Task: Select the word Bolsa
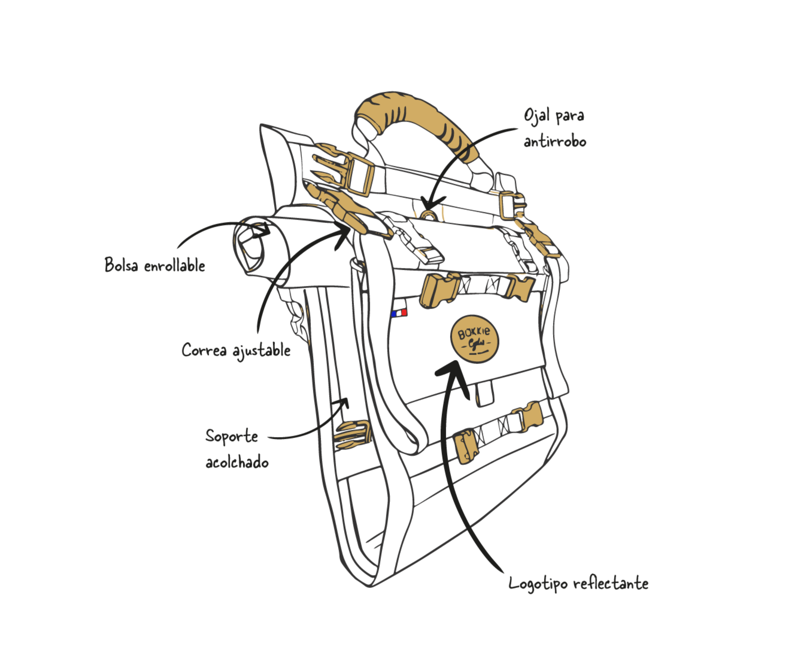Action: pyautogui.click(x=121, y=265)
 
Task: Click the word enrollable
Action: pyautogui.click(x=175, y=266)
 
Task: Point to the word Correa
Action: pyautogui.click(x=204, y=350)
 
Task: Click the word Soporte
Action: pyautogui.click(x=232, y=436)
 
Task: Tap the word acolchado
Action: pyautogui.click(x=237, y=462)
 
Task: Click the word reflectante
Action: pyautogui.click(x=611, y=583)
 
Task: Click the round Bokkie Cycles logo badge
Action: pyautogui.click(x=474, y=339)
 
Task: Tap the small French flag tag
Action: pyautogui.click(x=399, y=313)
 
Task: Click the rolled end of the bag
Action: pyautogui.click(x=250, y=245)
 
